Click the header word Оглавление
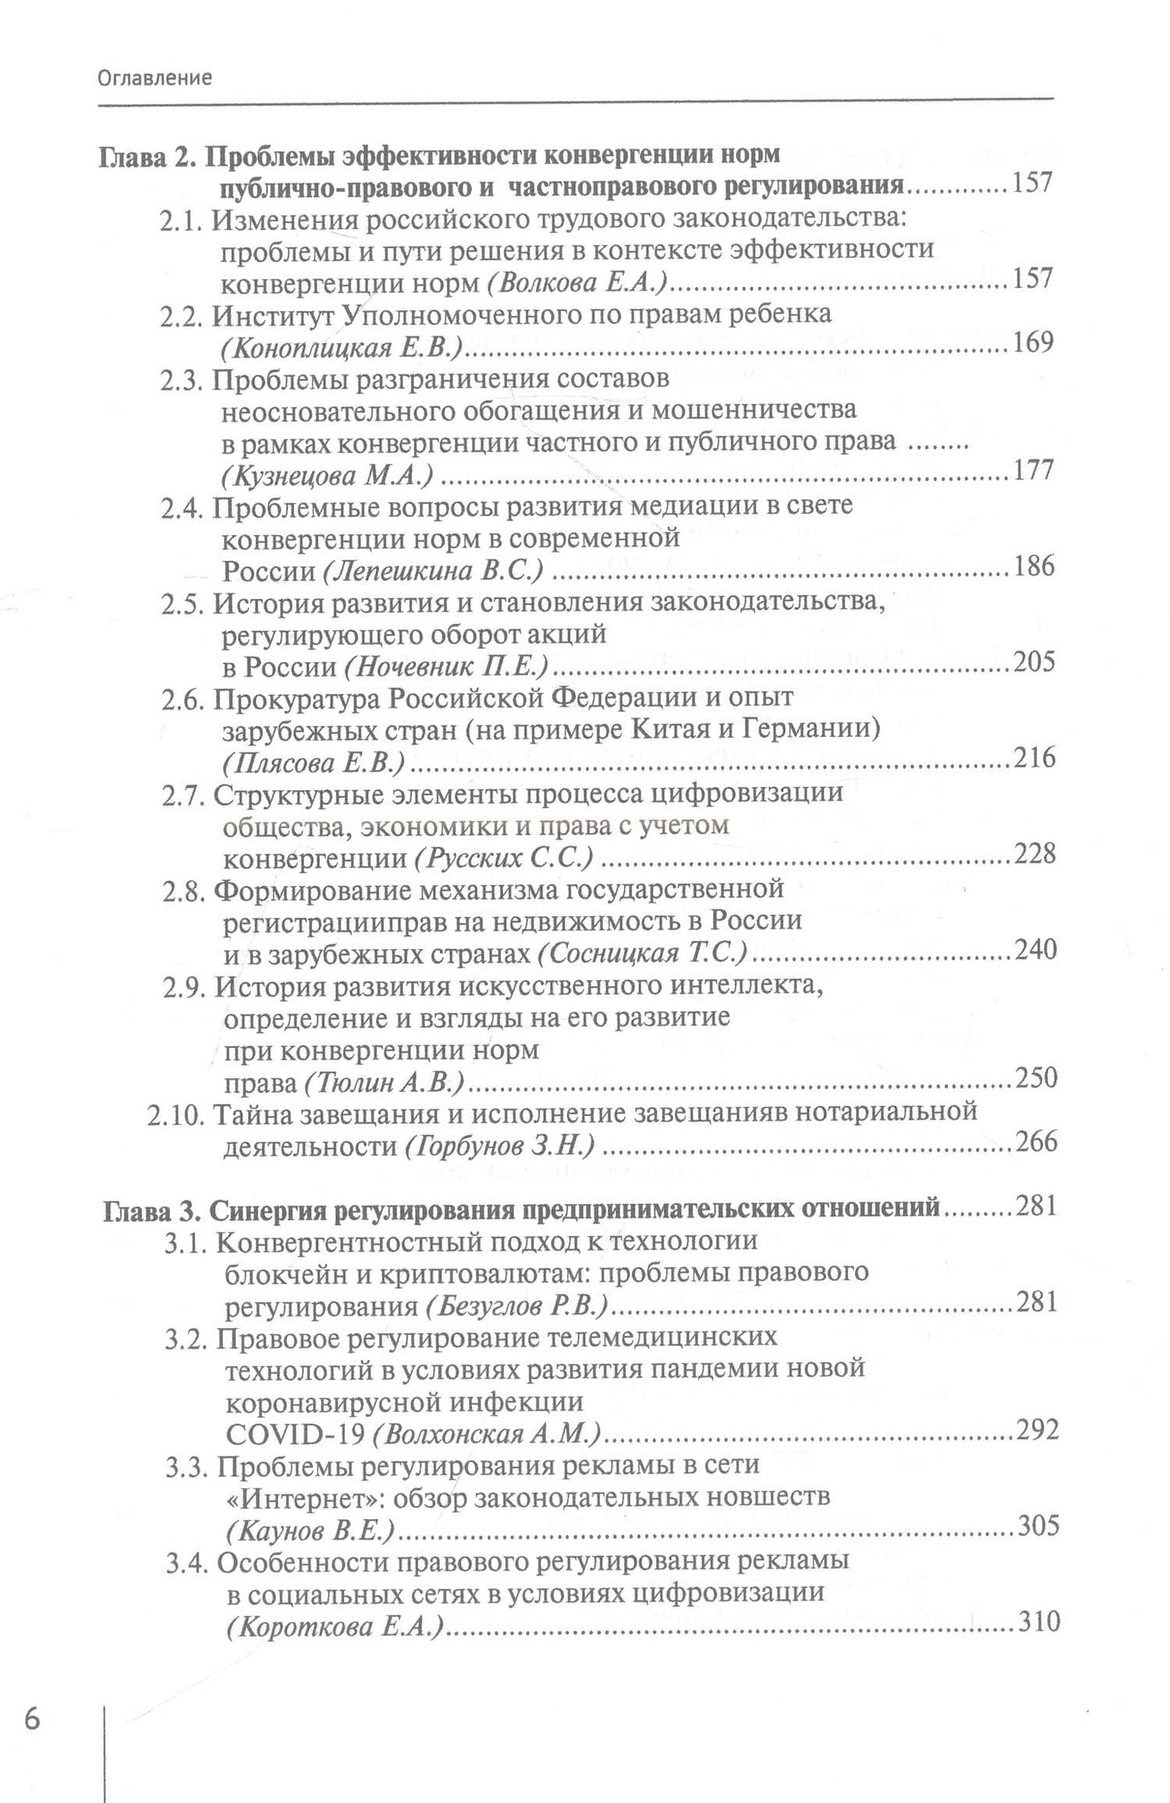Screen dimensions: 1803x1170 (154, 77)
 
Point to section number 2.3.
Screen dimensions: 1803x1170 (183, 380)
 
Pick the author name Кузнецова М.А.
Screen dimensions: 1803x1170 (328, 475)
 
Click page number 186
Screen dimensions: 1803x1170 (1034, 565)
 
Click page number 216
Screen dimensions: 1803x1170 (1034, 757)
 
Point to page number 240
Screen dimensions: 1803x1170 (1035, 949)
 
